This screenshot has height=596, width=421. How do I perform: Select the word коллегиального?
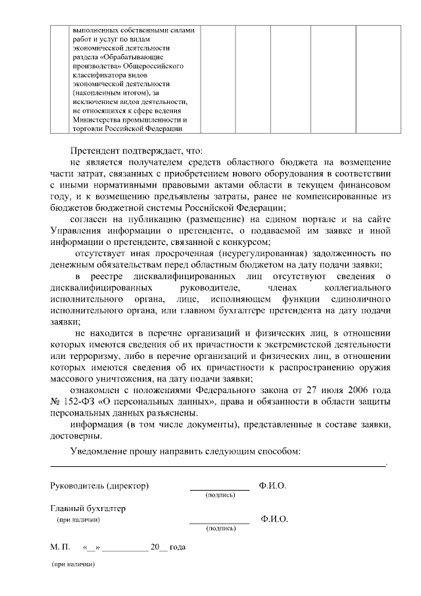click(x=358, y=288)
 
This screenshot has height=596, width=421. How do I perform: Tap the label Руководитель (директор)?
click(x=99, y=486)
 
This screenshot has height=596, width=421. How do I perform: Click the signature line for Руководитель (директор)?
click(x=220, y=489)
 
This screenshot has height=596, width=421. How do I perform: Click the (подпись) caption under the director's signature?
click(x=220, y=495)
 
